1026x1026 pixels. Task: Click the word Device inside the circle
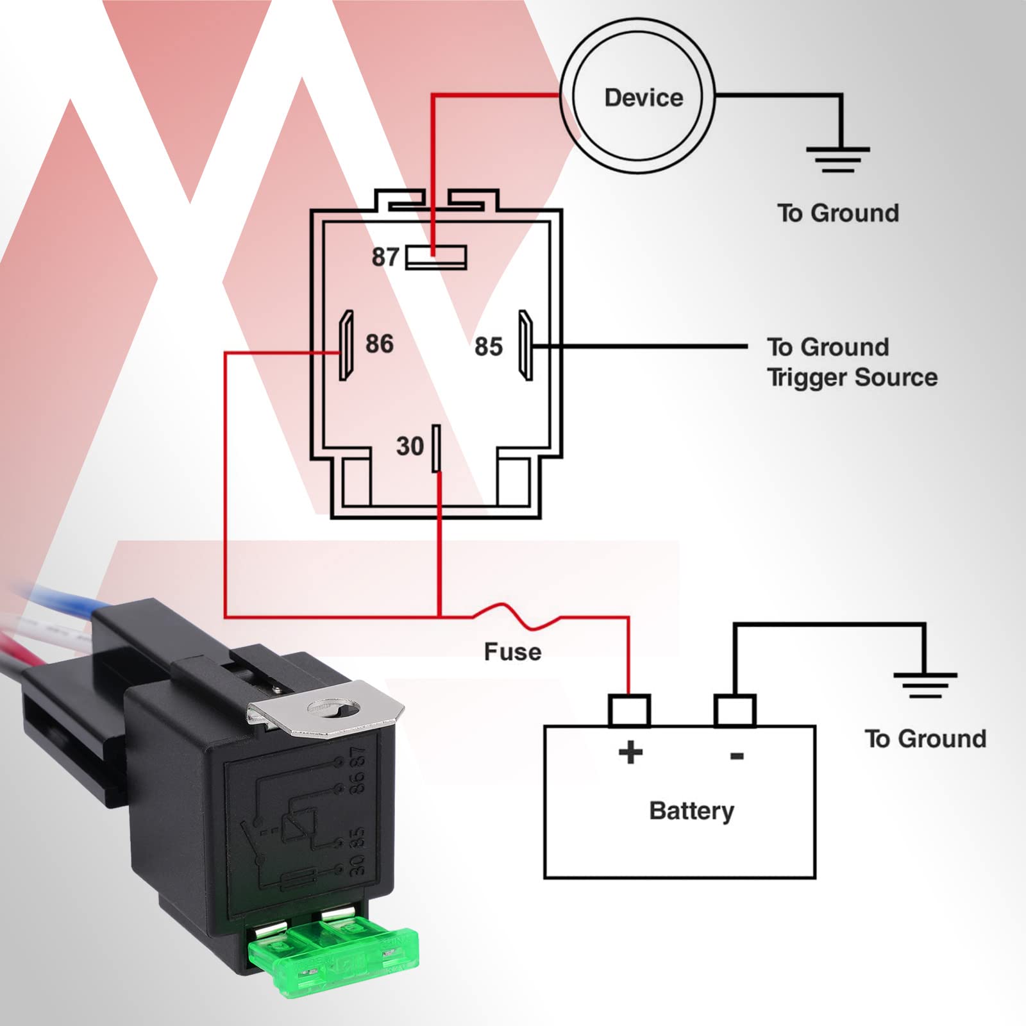pyautogui.click(x=643, y=97)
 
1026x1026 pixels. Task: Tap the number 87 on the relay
pyautogui.click(x=385, y=257)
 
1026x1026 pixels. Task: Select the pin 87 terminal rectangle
pyautogui.click(x=437, y=258)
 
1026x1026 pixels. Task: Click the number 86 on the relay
pyautogui.click(x=379, y=344)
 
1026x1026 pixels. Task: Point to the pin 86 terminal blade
pyautogui.click(x=346, y=346)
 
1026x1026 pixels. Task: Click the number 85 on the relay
pyautogui.click(x=488, y=347)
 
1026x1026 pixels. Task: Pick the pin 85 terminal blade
pyautogui.click(x=526, y=346)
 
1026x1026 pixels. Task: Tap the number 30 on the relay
pyautogui.click(x=410, y=446)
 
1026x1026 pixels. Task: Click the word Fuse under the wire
pyautogui.click(x=512, y=652)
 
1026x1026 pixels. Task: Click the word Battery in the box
pyautogui.click(x=691, y=811)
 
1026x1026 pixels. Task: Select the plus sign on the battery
pyautogui.click(x=630, y=752)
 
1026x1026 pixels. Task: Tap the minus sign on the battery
pyautogui.click(x=737, y=756)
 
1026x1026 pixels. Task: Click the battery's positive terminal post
pyautogui.click(x=629, y=711)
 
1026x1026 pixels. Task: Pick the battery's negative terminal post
pyautogui.click(x=735, y=711)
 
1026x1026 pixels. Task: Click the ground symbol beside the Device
pyautogui.click(x=838, y=159)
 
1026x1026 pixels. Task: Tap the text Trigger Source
pyautogui.click(x=852, y=377)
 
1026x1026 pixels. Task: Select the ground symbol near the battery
pyautogui.click(x=925, y=685)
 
